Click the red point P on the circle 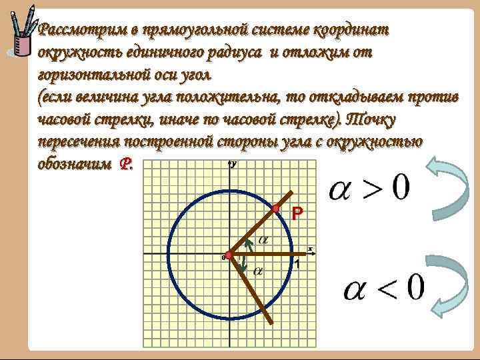(x=275, y=209)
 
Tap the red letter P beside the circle (x=297, y=213)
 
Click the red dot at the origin (x=228, y=255)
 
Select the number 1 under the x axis (x=297, y=265)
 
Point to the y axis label (x=235, y=163)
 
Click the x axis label (x=310, y=249)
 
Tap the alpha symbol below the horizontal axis (x=257, y=271)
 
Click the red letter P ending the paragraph (x=125, y=164)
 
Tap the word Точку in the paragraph (x=374, y=121)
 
